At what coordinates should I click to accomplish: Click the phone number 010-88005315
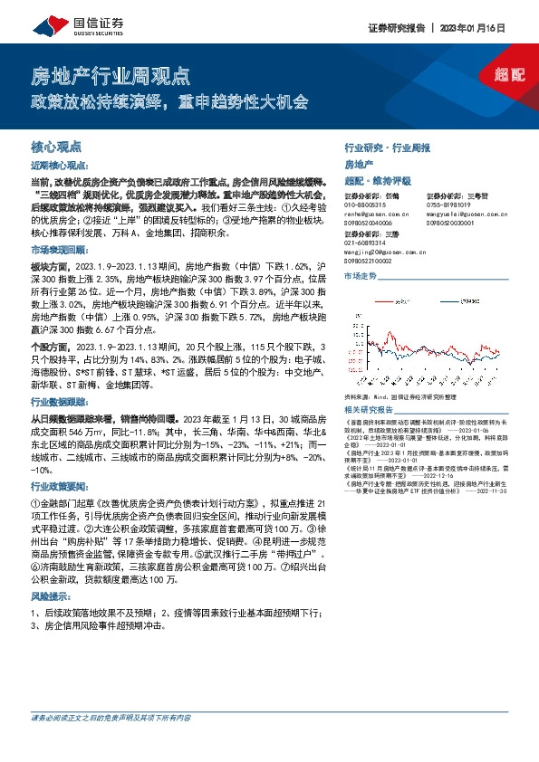pos(368,205)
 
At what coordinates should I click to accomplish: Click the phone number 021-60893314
pos(368,243)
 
